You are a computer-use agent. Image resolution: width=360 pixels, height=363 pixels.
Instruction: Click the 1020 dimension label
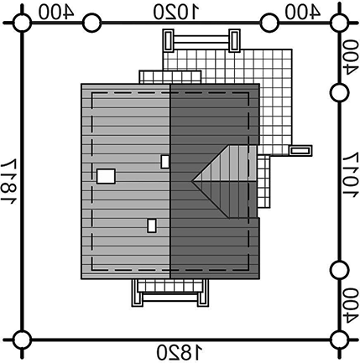coord(176,13)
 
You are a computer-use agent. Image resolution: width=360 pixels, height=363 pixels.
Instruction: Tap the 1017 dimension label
coord(351,175)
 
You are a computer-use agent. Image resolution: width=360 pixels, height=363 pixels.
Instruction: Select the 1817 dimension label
coord(8,181)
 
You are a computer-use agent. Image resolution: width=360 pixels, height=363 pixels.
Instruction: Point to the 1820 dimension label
coord(179,352)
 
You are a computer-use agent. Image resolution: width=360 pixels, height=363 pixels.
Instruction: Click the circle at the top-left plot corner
coord(23,23)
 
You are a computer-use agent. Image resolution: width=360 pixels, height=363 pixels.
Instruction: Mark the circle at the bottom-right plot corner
coord(339,340)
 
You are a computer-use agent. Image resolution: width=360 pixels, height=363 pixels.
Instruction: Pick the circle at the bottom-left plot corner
coord(23,340)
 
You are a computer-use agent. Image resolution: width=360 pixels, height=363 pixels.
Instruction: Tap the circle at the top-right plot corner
coord(339,23)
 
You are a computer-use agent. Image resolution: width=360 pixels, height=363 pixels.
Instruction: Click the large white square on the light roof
coord(106,176)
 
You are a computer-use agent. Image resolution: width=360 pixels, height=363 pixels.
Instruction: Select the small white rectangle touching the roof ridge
coord(165,162)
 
